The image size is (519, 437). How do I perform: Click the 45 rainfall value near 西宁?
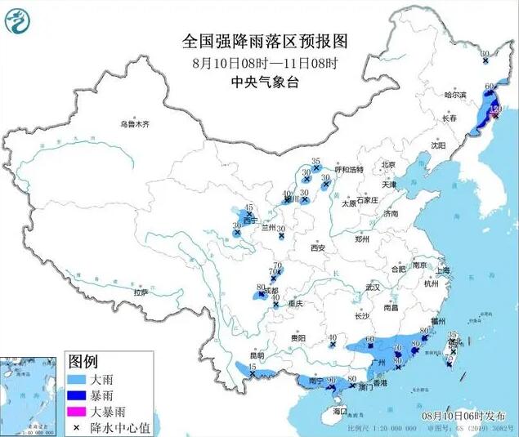coord(249,207)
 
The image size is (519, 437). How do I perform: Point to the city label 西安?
coord(318,247)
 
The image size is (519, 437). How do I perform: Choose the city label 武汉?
coord(373,288)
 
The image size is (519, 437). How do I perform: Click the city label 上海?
coord(444,270)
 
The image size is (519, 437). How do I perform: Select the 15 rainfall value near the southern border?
coord(252,368)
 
